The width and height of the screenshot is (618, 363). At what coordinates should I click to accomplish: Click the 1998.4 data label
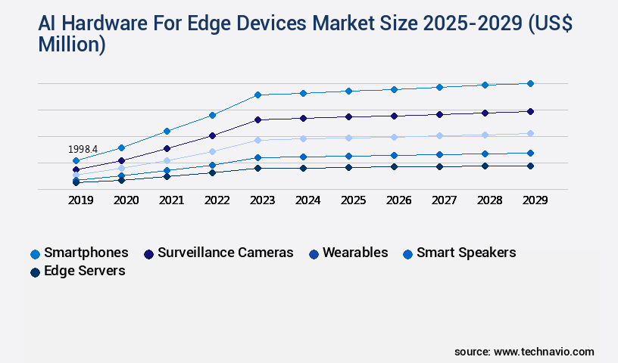(x=83, y=150)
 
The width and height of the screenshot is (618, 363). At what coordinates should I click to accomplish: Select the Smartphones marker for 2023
(x=257, y=95)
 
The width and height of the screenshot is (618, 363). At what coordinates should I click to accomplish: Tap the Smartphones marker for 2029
(x=530, y=83)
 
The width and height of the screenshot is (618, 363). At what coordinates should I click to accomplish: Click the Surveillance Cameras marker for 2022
(x=212, y=135)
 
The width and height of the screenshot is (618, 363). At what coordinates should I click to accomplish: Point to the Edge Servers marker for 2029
(x=530, y=166)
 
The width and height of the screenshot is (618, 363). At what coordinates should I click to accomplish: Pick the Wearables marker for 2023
(x=257, y=140)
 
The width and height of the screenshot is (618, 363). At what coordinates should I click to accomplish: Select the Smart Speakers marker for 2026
(x=394, y=155)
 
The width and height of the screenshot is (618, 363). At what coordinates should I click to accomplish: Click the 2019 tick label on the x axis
(x=81, y=200)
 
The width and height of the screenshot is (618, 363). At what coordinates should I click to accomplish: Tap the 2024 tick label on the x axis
(x=308, y=200)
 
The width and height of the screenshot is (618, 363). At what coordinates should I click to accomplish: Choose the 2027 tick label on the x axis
(x=445, y=200)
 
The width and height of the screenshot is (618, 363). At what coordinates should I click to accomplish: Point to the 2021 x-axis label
(x=172, y=200)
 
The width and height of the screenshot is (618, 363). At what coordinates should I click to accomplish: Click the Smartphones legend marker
(x=35, y=253)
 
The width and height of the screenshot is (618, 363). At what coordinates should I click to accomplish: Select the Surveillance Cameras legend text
(x=225, y=253)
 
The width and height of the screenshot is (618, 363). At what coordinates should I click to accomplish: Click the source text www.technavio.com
(x=544, y=352)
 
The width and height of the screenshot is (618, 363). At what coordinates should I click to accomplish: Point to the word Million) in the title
(x=72, y=45)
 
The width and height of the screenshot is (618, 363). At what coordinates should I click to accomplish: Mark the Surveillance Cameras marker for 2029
(x=530, y=111)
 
